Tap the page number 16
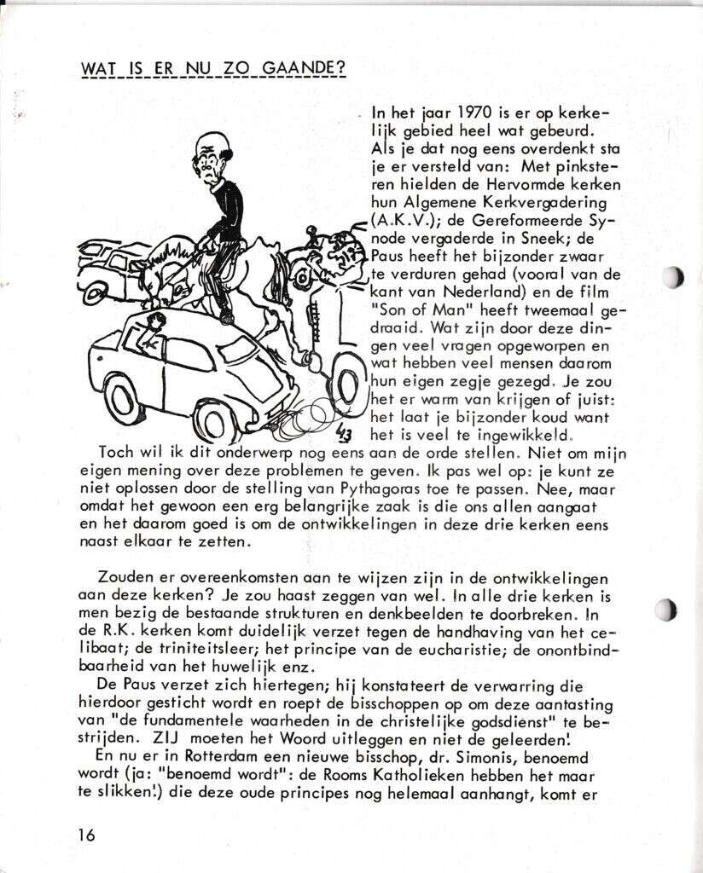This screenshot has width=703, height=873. [86, 835]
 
